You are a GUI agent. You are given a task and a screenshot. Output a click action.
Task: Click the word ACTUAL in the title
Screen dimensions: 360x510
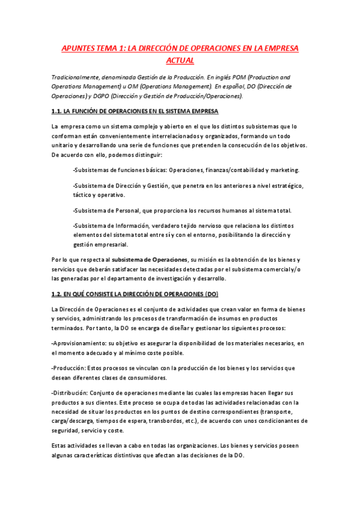(x=180, y=61)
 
